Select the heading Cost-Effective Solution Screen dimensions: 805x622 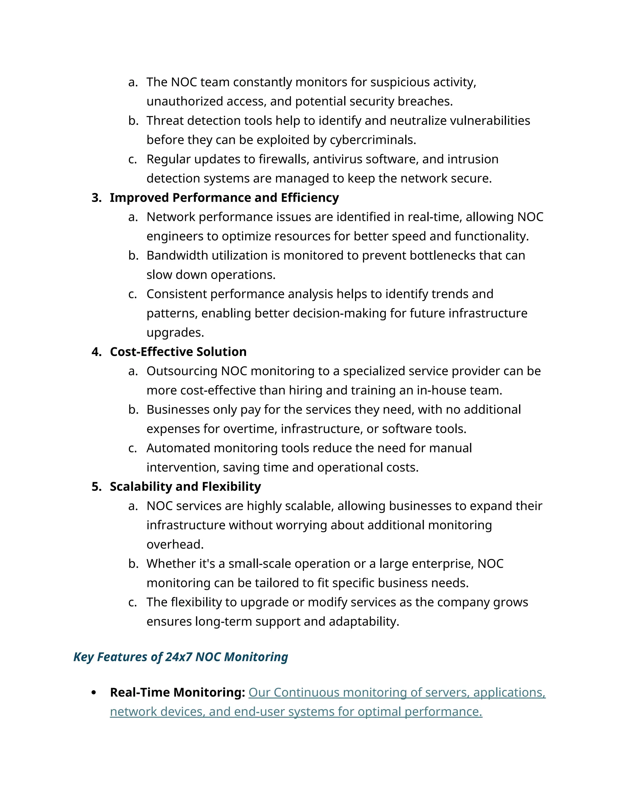178,352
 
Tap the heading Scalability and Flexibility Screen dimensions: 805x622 185,487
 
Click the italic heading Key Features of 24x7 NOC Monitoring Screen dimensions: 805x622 181,657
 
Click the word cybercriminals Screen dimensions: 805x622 373,140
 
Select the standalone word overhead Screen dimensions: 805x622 175,544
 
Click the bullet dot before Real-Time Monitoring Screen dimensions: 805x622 94,693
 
